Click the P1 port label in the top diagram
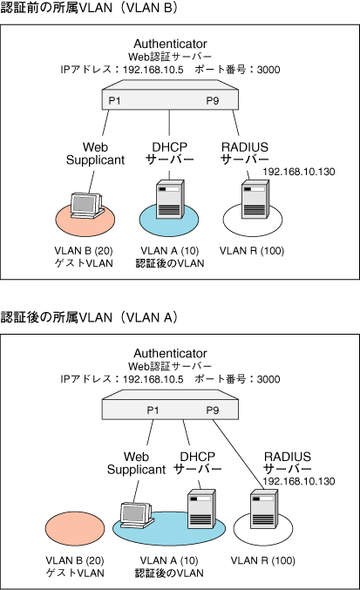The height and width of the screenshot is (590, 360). [114, 100]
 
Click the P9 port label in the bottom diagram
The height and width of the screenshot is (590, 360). [213, 410]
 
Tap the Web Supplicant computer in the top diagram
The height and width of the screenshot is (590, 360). [87, 206]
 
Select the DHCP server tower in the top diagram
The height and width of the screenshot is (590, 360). [170, 199]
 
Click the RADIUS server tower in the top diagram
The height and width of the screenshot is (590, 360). [255, 199]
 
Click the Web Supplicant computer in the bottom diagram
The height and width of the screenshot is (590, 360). [137, 515]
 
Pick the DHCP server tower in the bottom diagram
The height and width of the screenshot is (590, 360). [201, 509]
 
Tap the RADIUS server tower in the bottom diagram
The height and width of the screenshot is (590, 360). [264, 509]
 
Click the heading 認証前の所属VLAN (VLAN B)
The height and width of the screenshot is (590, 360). [89, 8]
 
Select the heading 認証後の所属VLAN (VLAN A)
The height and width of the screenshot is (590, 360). [89, 317]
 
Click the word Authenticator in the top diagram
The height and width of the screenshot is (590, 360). [170, 44]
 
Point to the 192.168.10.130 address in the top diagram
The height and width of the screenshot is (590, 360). [299, 172]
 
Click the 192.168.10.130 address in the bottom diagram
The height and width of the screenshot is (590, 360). [299, 481]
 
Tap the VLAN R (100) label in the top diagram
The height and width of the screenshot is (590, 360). [252, 251]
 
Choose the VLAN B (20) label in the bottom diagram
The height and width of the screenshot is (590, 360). [74, 560]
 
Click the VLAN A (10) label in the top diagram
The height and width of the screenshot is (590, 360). [170, 251]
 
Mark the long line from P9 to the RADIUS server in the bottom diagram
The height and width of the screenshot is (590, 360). [239, 455]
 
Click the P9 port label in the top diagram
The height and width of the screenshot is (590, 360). [213, 100]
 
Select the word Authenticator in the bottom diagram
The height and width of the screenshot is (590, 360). [170, 353]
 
